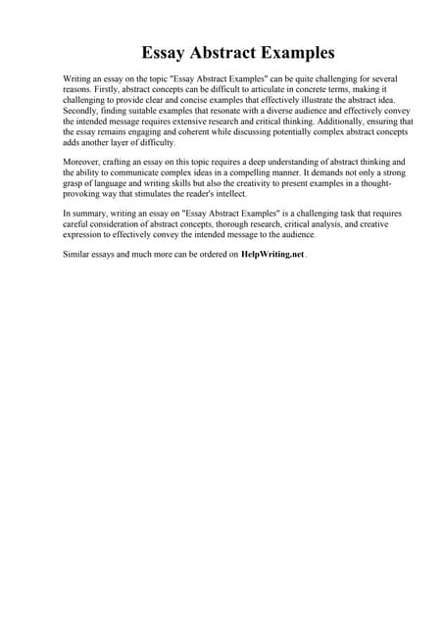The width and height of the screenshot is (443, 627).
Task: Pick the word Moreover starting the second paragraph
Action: pos(85,160)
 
